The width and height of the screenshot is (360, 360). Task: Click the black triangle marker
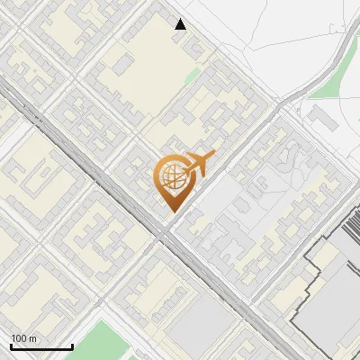[x=181, y=24]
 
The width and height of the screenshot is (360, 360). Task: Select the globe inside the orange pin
[x=171, y=178]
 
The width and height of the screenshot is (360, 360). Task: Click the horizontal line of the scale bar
[x=41, y=346]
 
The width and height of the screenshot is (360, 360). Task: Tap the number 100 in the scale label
[x=19, y=338]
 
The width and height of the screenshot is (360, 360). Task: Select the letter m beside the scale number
[x=32, y=338]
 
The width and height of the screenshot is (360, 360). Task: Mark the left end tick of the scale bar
[x=11, y=345]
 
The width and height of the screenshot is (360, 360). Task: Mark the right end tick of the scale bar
[x=72, y=345]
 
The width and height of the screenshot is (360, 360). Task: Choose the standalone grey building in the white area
[x=317, y=114]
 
